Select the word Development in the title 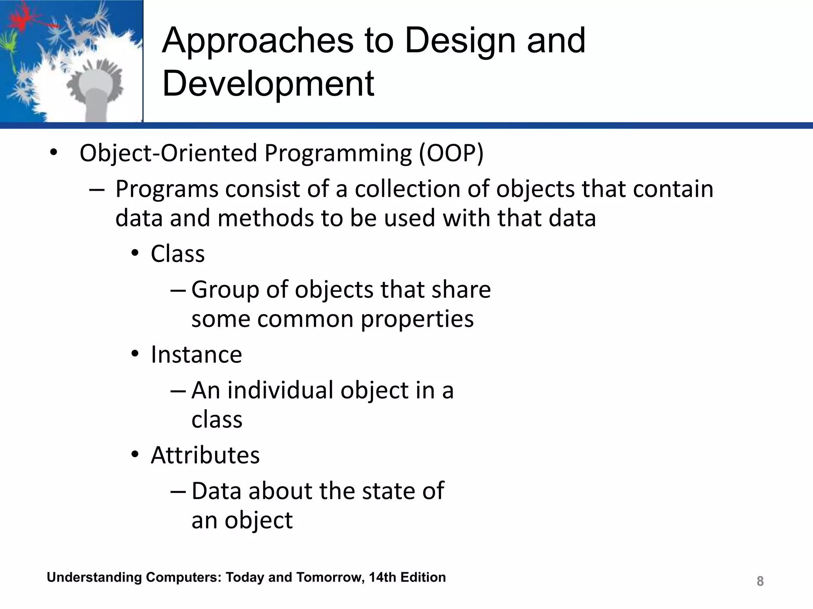click(268, 84)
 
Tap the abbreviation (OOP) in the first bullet click(451, 153)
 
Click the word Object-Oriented click(168, 153)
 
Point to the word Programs click(167, 190)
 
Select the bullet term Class click(177, 254)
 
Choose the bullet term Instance click(196, 354)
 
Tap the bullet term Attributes click(205, 455)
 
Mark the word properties click(417, 319)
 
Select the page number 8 click(760, 581)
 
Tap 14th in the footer click(382, 577)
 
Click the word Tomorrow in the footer click(330, 577)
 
